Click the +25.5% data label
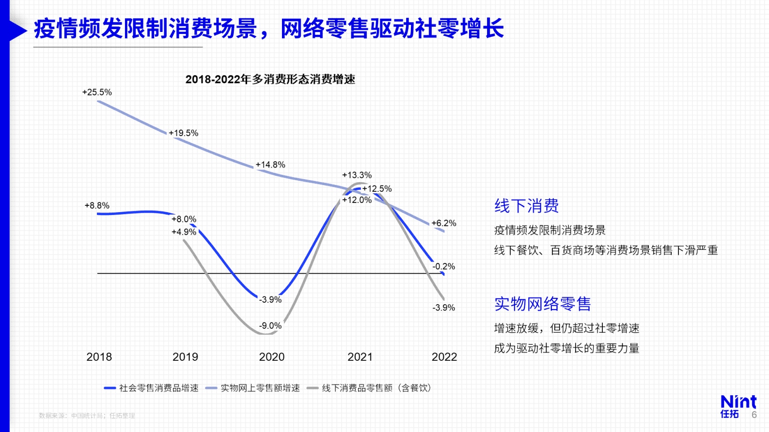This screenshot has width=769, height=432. point(97,92)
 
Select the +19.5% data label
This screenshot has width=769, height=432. point(184,133)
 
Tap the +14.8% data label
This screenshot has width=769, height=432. point(270,165)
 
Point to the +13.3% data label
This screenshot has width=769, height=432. point(357,175)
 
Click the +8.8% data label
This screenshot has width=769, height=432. point(97,205)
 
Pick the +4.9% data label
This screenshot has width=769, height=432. point(184,232)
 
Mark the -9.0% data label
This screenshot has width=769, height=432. point(270,326)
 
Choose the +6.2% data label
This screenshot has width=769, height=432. point(444,223)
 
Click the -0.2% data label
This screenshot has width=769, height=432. point(444,266)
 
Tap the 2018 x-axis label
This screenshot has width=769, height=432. point(99,357)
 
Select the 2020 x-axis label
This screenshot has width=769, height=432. point(272,357)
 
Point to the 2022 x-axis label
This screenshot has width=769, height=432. point(444,357)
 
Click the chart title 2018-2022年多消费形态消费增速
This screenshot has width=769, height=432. point(270,79)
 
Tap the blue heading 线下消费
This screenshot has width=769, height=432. point(527,206)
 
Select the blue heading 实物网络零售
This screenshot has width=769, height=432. point(543,304)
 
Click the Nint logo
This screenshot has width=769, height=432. point(738,406)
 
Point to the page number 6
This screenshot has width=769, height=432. point(754,415)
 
